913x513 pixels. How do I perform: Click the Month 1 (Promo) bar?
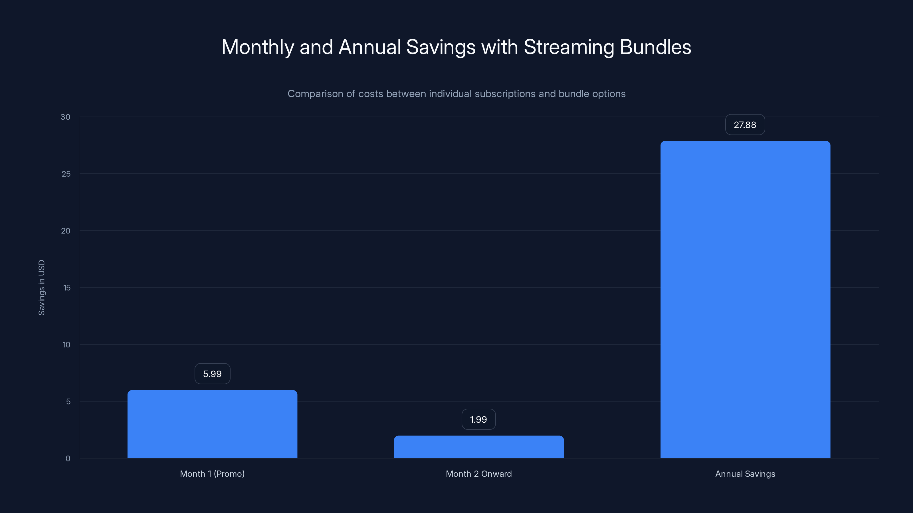(212, 424)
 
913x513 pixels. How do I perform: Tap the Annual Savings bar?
(745, 299)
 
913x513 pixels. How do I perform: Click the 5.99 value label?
(212, 374)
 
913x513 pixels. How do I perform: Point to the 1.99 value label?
(478, 420)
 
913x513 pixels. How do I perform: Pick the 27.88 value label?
(745, 125)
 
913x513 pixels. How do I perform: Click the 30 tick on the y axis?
(66, 117)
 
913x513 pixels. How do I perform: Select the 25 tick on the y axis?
(66, 174)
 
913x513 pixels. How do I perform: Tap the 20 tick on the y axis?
(66, 231)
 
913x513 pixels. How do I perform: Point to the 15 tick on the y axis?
(67, 288)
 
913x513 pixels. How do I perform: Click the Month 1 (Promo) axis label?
(212, 474)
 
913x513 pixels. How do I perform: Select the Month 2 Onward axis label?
(478, 474)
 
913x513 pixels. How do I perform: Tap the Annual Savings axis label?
(745, 474)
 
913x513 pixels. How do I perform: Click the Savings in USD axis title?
(41, 288)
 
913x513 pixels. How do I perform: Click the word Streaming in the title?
(569, 47)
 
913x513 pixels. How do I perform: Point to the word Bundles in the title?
(655, 47)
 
